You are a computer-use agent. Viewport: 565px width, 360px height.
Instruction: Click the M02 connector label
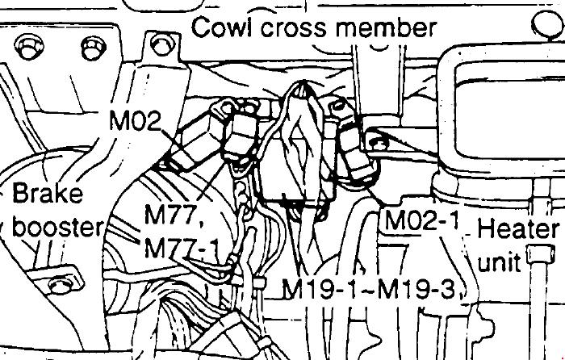click(135, 120)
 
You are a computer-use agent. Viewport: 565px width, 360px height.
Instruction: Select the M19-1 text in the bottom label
click(319, 289)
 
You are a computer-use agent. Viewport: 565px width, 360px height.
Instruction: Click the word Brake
click(48, 193)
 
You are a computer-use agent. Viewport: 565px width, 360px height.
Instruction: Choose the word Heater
click(518, 229)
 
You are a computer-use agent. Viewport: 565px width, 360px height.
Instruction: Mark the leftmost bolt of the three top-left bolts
click(30, 48)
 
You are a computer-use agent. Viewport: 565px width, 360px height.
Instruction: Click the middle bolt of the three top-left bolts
click(93, 48)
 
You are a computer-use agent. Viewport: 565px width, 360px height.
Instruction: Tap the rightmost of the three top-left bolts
click(161, 45)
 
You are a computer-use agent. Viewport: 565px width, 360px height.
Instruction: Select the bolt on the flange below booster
click(61, 285)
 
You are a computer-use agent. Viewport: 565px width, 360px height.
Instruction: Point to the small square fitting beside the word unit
click(540, 254)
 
